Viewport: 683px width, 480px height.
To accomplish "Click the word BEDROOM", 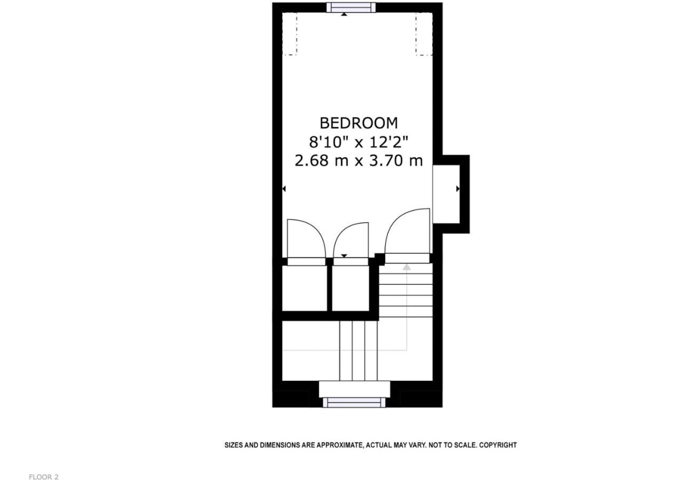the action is pyautogui.click(x=359, y=123).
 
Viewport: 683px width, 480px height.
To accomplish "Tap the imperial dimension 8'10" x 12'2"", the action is pyautogui.click(x=359, y=142).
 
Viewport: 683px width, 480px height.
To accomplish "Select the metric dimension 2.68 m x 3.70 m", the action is pyautogui.click(x=359, y=161).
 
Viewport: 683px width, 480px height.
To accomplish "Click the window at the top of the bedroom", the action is pyautogui.click(x=351, y=7).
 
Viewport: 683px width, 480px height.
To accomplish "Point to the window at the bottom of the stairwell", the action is pyautogui.click(x=354, y=402).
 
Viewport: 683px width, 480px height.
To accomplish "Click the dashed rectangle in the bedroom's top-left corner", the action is pyautogui.click(x=290, y=34).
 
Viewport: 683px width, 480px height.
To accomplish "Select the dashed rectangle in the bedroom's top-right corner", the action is pyautogui.click(x=424, y=34).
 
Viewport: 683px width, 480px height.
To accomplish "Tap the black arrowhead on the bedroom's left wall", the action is pyautogui.click(x=284, y=189).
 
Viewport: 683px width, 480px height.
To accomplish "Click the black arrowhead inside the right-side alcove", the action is pyautogui.click(x=458, y=189).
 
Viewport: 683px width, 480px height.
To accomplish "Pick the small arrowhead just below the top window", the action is pyautogui.click(x=344, y=14).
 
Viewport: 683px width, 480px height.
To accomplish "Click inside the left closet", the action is pyautogui.click(x=305, y=289).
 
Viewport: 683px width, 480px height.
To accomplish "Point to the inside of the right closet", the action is pyautogui.click(x=351, y=289).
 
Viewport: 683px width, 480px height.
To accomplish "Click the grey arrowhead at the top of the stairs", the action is pyautogui.click(x=407, y=267).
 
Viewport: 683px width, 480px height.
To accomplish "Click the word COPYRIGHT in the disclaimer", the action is pyautogui.click(x=498, y=445).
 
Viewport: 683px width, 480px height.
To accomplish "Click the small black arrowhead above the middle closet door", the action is pyautogui.click(x=344, y=255).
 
